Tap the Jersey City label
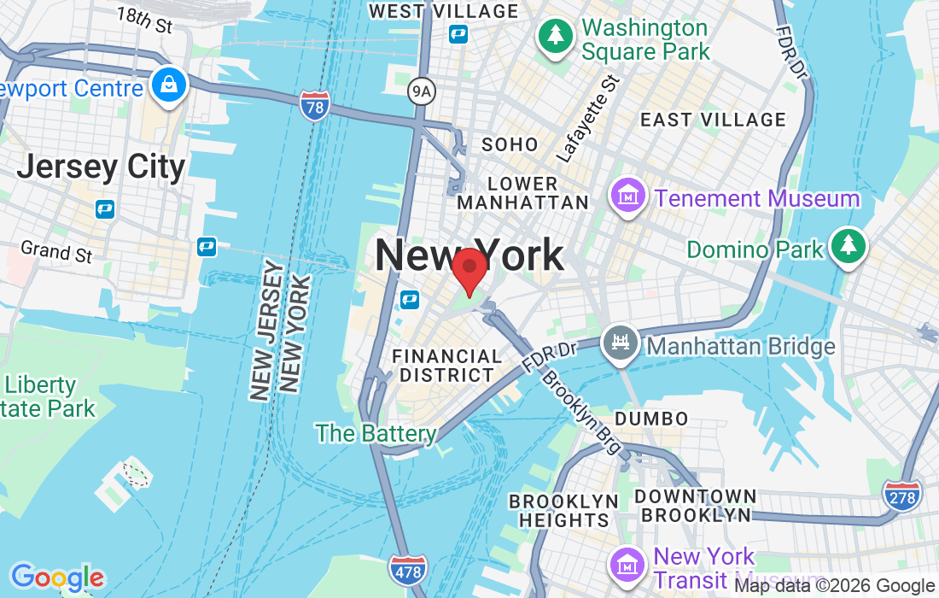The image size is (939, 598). click(101, 167)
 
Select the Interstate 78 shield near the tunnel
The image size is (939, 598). click(315, 106)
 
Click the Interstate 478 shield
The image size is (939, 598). click(407, 570)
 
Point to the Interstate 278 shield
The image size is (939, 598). click(904, 496)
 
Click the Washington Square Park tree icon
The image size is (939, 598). click(556, 36)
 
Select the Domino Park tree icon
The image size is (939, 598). click(848, 246)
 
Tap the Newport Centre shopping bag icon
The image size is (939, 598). click(169, 85)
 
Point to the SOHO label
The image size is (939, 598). click(510, 144)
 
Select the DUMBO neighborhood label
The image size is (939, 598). click(651, 419)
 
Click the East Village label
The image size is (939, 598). click(713, 120)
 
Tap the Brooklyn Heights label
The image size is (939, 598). click(563, 510)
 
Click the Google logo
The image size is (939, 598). click(57, 578)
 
